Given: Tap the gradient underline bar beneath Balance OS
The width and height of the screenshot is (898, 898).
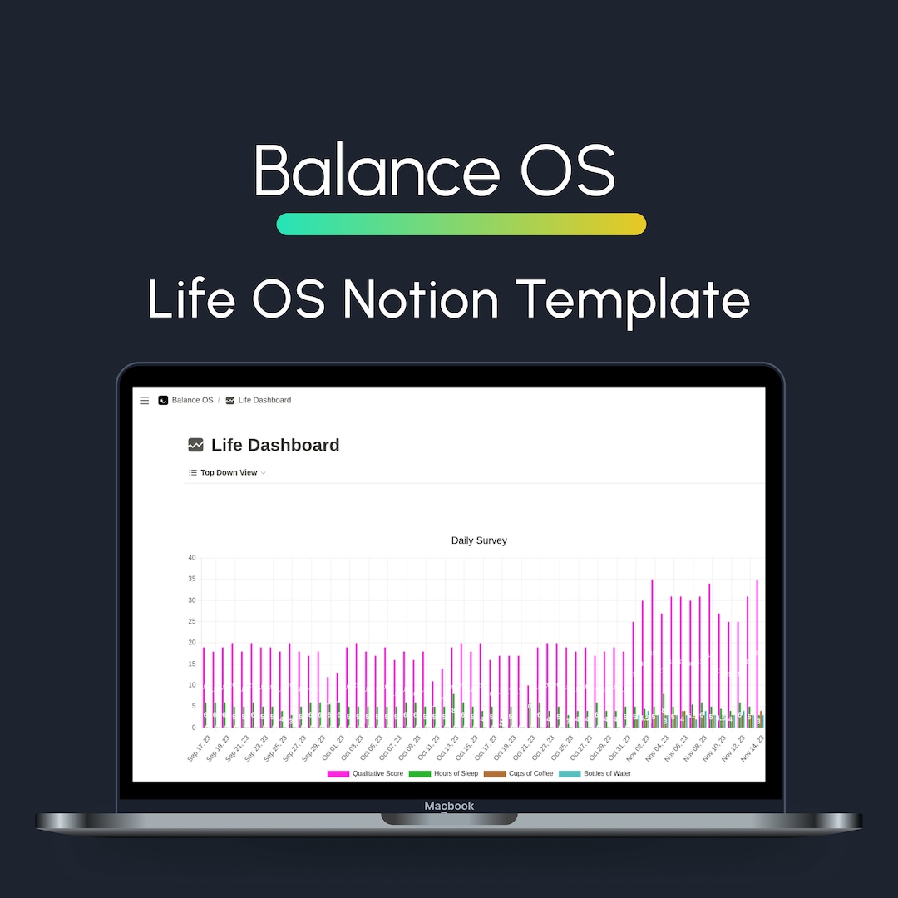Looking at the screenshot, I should point(461,224).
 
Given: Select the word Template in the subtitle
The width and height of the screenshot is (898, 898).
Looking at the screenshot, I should point(632,299).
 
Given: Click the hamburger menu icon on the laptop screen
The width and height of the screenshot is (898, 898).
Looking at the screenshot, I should point(145,401).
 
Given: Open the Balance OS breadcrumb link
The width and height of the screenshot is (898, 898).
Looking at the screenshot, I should point(192,401).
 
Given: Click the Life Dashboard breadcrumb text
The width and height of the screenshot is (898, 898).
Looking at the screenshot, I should point(264,401).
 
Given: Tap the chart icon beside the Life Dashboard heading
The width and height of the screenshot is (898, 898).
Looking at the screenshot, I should point(196,446).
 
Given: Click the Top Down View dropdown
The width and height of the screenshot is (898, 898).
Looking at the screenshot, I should point(229,473).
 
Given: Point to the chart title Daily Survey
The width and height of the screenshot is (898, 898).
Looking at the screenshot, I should point(479,540).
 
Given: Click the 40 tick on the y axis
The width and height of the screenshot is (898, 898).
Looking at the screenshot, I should point(191,558).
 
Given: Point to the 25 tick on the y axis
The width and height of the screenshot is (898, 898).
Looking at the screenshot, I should point(191,621).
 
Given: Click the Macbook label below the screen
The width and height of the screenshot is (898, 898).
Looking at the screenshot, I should point(449,806).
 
